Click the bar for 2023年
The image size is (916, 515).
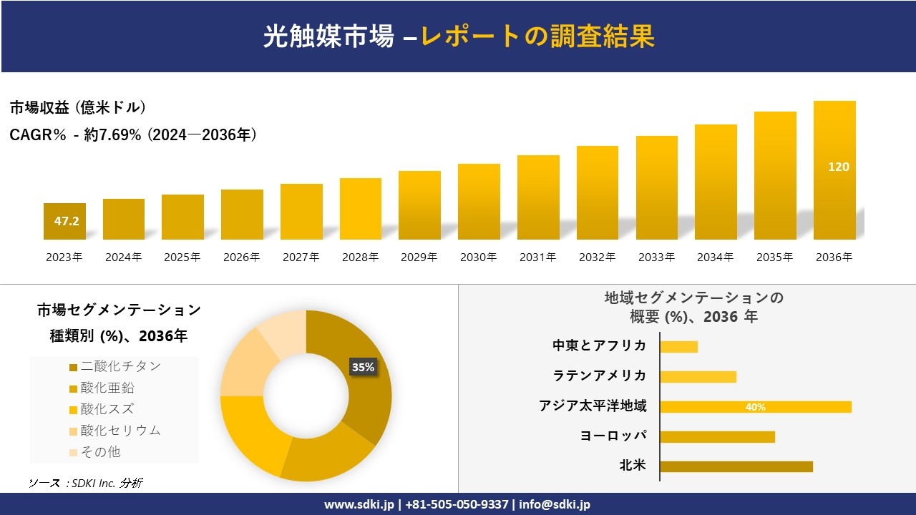pyautogui.click(x=64, y=221)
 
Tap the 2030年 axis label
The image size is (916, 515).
pyautogui.click(x=478, y=257)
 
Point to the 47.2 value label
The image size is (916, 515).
pyautogui.click(x=67, y=221)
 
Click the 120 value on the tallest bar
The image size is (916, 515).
pyautogui.click(x=838, y=167)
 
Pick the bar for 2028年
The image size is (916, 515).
pyautogui.click(x=361, y=209)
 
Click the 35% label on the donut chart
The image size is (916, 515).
pyautogui.click(x=363, y=367)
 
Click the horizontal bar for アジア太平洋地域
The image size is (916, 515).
pyautogui.click(x=755, y=407)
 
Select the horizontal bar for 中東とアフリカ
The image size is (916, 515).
pyautogui.click(x=678, y=347)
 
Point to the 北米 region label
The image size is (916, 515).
pyautogui.click(x=633, y=466)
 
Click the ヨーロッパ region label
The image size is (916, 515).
pyautogui.click(x=613, y=436)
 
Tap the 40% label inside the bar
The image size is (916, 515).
pyautogui.click(x=755, y=407)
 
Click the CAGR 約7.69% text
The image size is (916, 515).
pyautogui.click(x=133, y=134)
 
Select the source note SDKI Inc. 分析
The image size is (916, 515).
pyautogui.click(x=85, y=483)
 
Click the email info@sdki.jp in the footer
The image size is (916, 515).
pyautogui.click(x=555, y=504)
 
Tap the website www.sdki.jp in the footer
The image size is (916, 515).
pyautogui.click(x=360, y=504)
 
